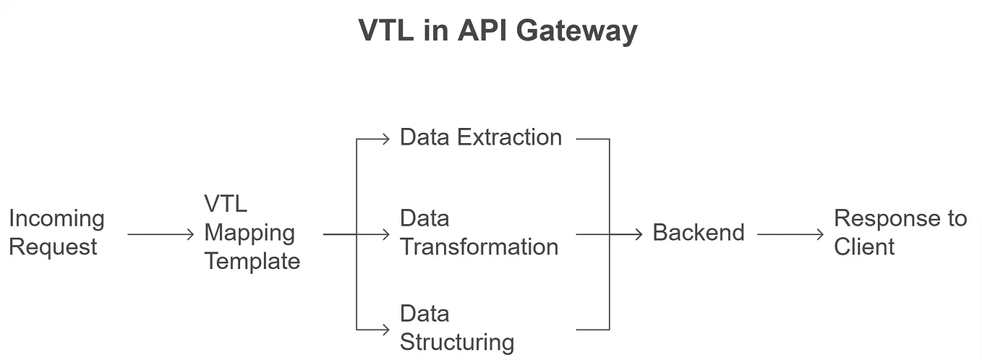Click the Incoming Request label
56,233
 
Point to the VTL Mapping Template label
251,233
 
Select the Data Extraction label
480,137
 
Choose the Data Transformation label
479,233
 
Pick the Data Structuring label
456,328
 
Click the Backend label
698,233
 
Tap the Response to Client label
900,233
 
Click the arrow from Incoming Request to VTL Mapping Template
161,234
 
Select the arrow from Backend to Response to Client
790,234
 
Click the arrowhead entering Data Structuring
386,330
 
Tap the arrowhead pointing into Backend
639,234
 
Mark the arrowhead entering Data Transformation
386,234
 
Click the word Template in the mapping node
252,260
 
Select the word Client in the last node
864,247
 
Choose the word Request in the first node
53,247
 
